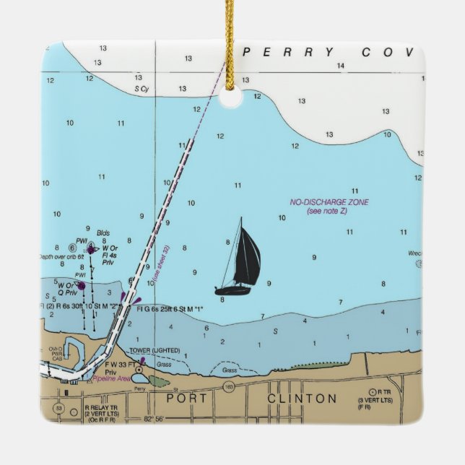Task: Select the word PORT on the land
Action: coord(186,399)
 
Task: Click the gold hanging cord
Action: coord(231,43)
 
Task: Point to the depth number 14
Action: coord(340,66)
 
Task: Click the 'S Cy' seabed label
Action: coord(142,89)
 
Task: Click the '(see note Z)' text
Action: coord(326,211)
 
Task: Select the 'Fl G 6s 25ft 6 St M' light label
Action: coord(170,309)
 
